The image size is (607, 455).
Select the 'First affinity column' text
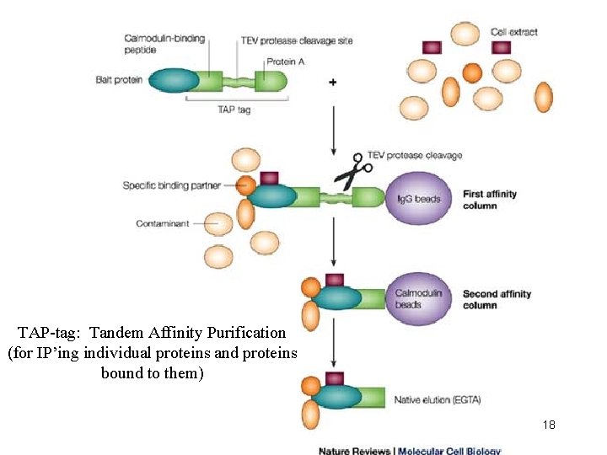pos(490,200)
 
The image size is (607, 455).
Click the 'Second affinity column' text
pos(497,299)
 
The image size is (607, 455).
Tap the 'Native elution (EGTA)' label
pos(437,399)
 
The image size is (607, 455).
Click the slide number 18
pos(549,425)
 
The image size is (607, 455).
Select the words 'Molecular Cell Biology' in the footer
pos(449,451)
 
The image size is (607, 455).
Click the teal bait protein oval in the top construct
pos(174,80)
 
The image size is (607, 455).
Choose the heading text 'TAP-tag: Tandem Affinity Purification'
pos(152,333)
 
